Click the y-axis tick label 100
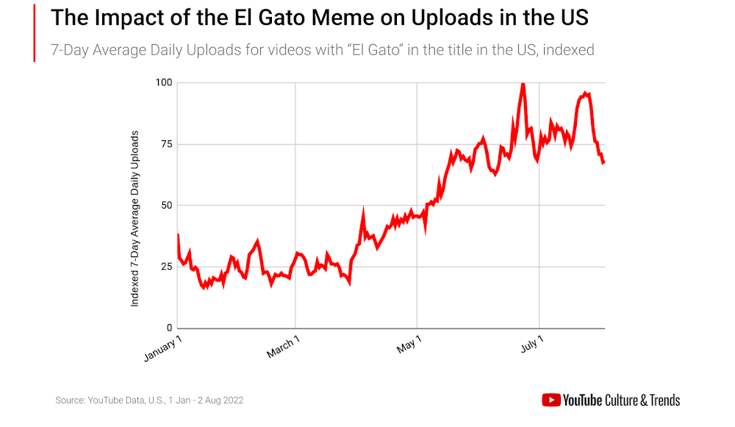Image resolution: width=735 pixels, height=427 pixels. (163, 82)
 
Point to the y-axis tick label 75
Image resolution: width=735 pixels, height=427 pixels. (166, 143)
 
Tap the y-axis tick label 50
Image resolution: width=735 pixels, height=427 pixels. (166, 205)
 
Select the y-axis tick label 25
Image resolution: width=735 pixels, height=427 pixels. (166, 266)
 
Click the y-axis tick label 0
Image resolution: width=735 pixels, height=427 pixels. (169, 328)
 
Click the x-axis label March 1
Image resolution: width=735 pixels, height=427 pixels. (284, 347)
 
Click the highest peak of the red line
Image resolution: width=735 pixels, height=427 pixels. (523, 84)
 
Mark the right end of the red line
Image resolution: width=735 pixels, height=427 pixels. (603, 162)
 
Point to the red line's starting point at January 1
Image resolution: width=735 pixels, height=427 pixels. (179, 235)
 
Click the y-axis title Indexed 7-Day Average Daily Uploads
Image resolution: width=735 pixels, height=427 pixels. (135, 218)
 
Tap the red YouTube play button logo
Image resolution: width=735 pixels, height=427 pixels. (551, 401)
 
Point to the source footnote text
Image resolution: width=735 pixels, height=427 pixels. (149, 401)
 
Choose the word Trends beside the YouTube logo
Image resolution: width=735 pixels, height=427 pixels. (661, 401)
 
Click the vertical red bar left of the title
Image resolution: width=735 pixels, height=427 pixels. (34, 32)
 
